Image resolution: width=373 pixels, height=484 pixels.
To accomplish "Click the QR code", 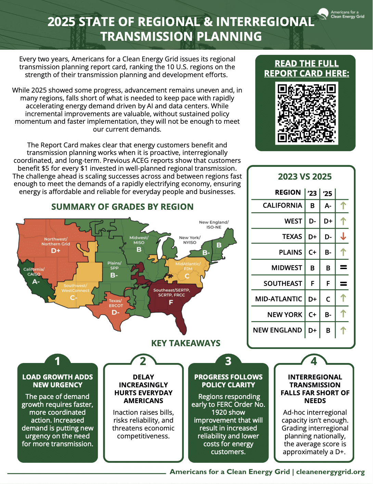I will [x=307, y=113].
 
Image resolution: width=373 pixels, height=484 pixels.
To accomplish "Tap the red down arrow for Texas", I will [x=343, y=236].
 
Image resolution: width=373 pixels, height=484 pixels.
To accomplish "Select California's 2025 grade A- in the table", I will [x=328, y=206].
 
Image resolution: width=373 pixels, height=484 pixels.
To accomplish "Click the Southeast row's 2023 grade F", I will [x=312, y=284].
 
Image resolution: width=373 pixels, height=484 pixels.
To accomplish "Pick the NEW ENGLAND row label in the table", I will [x=277, y=330].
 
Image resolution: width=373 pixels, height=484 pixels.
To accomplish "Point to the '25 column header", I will [x=327, y=193].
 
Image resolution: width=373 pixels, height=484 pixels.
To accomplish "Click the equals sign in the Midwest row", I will [x=344, y=267].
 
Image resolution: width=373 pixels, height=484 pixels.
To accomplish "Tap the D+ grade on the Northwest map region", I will [x=55, y=251].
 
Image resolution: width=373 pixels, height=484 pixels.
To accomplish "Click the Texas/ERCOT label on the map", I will [x=116, y=303].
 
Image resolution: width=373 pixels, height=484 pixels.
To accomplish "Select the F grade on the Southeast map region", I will [x=171, y=302].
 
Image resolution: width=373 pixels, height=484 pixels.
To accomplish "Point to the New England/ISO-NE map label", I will [x=214, y=225].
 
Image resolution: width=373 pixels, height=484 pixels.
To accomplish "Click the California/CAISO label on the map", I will [x=34, y=271].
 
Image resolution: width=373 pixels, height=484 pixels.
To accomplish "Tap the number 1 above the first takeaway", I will [x=57, y=361].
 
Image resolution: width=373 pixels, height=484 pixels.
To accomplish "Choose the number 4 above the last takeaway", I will [x=314, y=361].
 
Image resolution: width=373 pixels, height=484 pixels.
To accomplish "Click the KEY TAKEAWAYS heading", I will [x=186, y=343].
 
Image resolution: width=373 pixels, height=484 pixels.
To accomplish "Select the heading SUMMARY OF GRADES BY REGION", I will [x=122, y=207].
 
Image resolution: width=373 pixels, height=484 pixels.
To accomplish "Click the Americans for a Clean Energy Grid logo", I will [x=341, y=14].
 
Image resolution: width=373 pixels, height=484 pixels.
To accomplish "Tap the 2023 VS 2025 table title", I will [x=305, y=177].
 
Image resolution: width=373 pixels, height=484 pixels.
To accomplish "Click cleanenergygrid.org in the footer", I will [x=330, y=472].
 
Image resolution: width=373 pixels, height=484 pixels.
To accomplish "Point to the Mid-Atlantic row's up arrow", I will [x=343, y=298].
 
